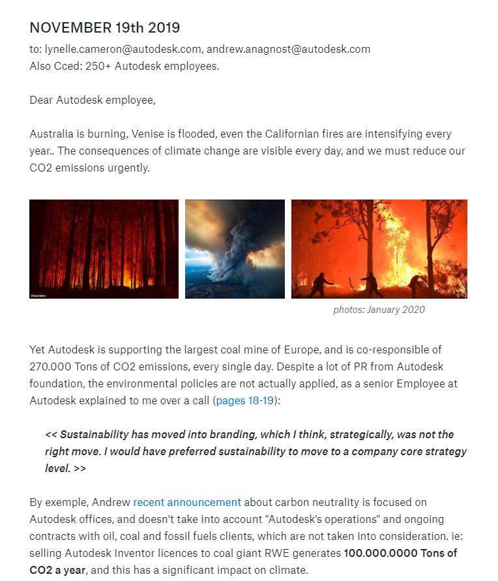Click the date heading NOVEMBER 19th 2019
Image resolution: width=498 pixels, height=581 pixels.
pos(104,28)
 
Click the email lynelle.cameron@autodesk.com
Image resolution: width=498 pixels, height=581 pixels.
pos(123,49)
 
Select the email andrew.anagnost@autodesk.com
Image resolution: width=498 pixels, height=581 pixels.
pos(288,49)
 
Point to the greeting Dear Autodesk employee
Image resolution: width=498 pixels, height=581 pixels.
pos(93,100)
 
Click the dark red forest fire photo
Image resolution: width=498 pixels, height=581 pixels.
pos(104,249)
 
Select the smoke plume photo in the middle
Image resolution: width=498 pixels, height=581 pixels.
pos(235,249)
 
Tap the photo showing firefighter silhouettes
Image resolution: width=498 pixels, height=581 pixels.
pos(379,249)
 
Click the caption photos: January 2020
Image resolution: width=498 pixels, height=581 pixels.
pos(379,310)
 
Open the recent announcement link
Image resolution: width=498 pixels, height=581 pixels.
pos(187,502)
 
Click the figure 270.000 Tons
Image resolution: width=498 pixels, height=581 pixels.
pos(65,366)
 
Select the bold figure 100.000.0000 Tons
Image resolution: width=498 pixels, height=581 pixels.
pos(400,553)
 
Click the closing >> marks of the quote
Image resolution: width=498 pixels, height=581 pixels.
pos(79,468)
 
